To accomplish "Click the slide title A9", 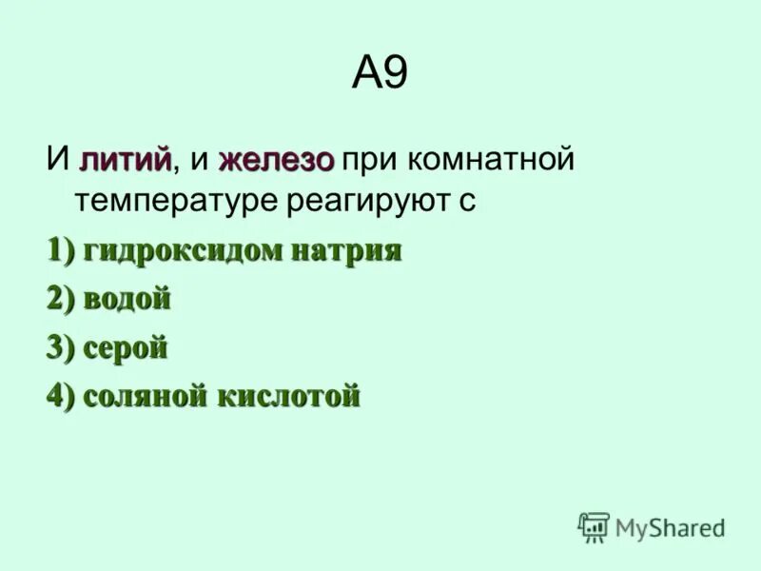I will [x=380, y=74].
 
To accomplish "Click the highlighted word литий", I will [x=126, y=159].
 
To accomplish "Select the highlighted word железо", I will [x=276, y=160].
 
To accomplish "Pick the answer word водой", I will [x=127, y=300].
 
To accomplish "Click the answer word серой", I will [x=126, y=348].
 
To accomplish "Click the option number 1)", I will [x=60, y=251].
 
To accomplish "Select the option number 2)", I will [x=60, y=300].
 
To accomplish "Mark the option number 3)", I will [x=60, y=348].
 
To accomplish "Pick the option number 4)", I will [x=60, y=396].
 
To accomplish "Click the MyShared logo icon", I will [x=594, y=527].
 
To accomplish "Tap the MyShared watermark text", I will [x=670, y=527].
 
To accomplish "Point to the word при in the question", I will [x=366, y=160].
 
